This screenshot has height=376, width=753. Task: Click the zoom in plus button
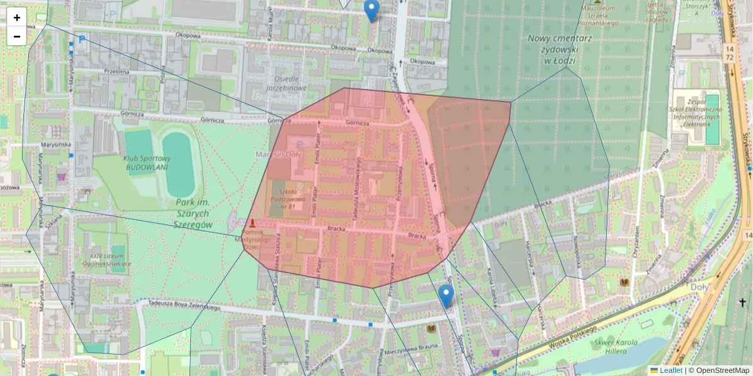(x=16, y=18)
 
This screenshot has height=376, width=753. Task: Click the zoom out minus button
(x=16, y=36)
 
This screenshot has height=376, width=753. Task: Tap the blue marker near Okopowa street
(x=371, y=9)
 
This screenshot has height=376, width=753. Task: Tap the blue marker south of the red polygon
(x=446, y=295)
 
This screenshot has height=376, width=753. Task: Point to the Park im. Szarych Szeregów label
(x=193, y=214)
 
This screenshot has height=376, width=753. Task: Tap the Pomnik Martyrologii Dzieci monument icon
(x=252, y=223)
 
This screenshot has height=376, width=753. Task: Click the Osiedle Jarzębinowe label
(x=291, y=83)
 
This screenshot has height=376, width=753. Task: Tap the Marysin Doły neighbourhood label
(x=279, y=154)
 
